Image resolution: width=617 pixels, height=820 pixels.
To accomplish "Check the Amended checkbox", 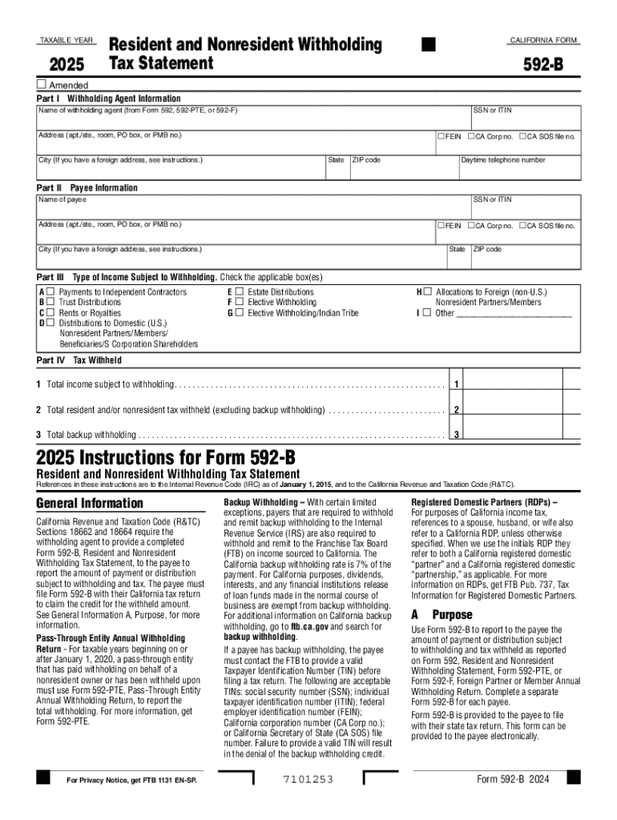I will pyautogui.click(x=42, y=85).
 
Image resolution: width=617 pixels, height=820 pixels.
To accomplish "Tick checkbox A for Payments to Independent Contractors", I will pyautogui.click(x=50, y=292).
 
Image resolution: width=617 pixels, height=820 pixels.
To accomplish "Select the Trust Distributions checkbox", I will pyautogui.click(x=50, y=303).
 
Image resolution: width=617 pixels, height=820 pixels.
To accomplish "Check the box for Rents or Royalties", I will pyautogui.click(x=50, y=313).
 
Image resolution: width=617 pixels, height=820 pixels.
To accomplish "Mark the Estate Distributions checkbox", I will pyautogui.click(x=239, y=292).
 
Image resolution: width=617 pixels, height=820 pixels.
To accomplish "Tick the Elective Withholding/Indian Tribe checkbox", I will pyautogui.click(x=239, y=313).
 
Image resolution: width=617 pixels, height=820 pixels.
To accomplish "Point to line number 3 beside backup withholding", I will pyautogui.click(x=455, y=435).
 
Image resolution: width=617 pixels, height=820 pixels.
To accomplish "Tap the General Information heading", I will pyautogui.click(x=90, y=504).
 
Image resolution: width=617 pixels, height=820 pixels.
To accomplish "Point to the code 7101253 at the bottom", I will pyautogui.click(x=308, y=780).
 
